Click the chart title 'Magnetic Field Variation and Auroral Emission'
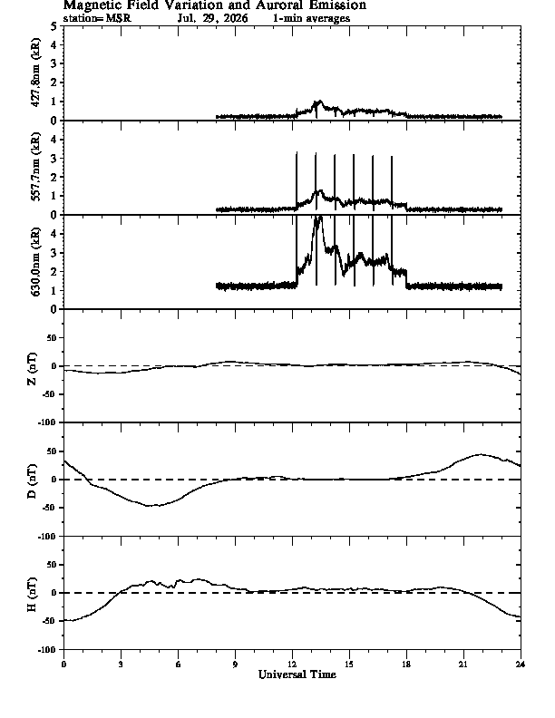215,5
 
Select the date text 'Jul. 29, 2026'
213,18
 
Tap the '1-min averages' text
311,18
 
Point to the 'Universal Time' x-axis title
297,674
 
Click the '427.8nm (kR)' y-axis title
35,73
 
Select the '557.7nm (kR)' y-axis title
35,167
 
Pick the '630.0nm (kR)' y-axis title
35,261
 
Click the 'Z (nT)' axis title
32,369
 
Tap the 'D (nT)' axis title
32,481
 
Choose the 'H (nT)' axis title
32,595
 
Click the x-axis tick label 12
292,664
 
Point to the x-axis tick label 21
463,664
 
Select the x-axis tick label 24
521,664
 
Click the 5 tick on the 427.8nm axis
54,26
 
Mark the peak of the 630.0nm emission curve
318,217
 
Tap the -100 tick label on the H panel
49,649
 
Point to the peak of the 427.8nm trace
319,101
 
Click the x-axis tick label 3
121,664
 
